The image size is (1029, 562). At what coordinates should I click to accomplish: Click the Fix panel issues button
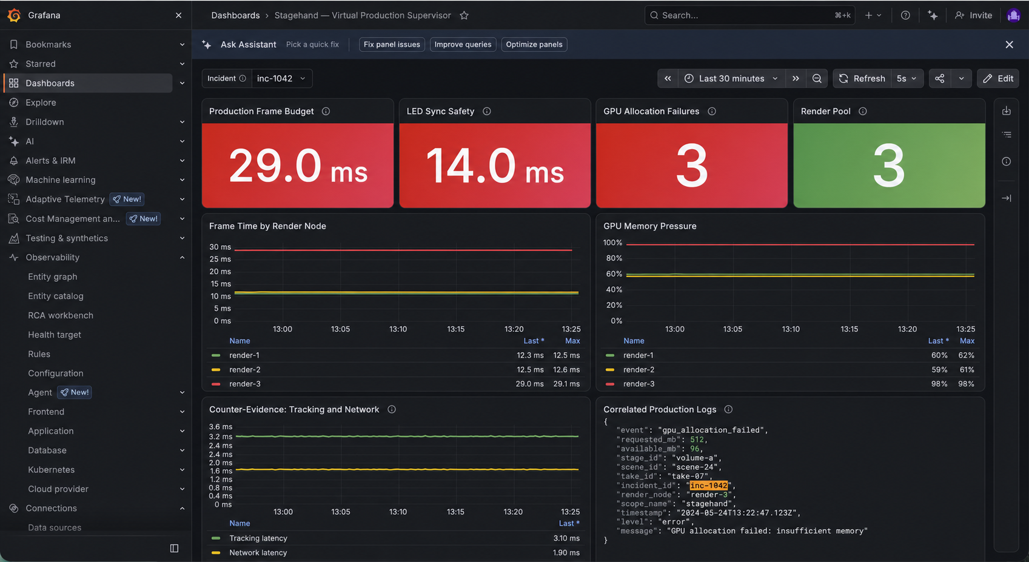pos(391,44)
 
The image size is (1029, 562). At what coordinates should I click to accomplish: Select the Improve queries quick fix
pos(463,44)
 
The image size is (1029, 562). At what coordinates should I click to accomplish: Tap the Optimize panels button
pos(534,44)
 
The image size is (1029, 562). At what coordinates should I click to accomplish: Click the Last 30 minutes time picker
pos(731,79)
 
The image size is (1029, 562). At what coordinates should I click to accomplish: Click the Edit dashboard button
pos(997,79)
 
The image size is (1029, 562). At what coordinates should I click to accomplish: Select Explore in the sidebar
pos(41,102)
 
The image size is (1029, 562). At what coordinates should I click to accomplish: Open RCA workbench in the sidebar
pos(60,315)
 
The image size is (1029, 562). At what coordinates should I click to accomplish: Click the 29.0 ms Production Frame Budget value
pos(298,166)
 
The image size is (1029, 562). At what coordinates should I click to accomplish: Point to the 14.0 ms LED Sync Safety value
pos(495,166)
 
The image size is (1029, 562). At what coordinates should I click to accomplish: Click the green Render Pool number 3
pos(889,166)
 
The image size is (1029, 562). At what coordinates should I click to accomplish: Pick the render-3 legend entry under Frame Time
pos(244,384)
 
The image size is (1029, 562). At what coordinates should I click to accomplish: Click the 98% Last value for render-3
pos(939,384)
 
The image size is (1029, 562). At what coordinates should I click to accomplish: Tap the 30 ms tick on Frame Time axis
pos(220,247)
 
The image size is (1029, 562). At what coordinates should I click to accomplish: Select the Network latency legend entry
pos(258,553)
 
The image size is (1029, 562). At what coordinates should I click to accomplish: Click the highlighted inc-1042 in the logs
pos(708,486)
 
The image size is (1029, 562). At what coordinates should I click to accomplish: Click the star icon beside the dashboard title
pos(464,16)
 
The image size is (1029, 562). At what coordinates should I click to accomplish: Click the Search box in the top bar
pos(749,16)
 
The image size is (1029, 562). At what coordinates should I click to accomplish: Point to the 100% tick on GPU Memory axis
pos(612,243)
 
